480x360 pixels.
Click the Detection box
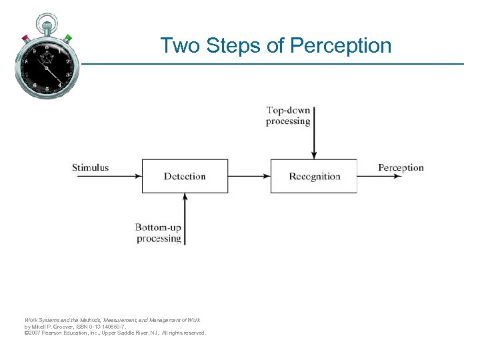pos(185,176)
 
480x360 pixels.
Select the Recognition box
pos(313,176)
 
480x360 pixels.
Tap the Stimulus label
pos(91,167)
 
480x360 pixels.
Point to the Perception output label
pos(401,167)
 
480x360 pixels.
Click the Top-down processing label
pos(289,116)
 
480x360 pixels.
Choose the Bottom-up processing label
pos(159,233)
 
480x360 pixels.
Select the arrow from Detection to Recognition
pos(249,177)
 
